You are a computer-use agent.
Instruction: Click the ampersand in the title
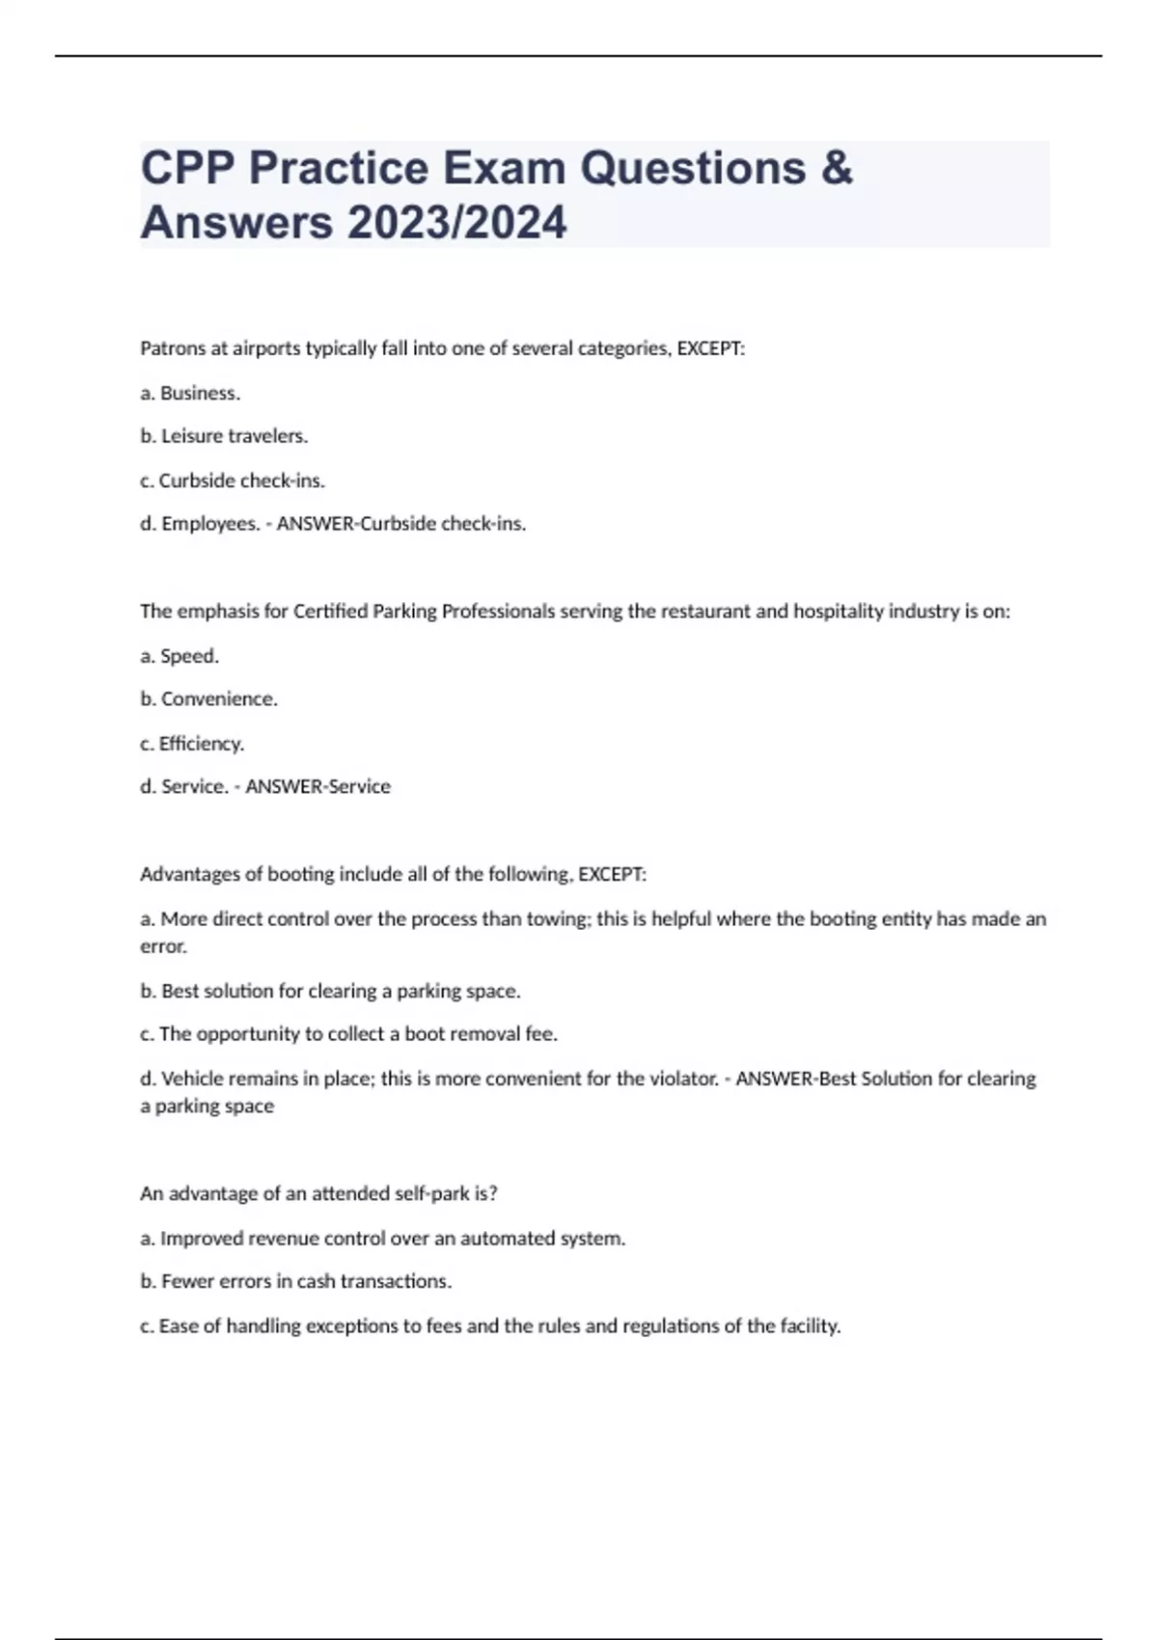pyautogui.click(x=837, y=168)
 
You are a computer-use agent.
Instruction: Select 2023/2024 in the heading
pyautogui.click(x=456, y=223)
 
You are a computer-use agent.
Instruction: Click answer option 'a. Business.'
pyautogui.click(x=190, y=393)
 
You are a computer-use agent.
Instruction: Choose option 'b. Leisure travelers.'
pyautogui.click(x=224, y=436)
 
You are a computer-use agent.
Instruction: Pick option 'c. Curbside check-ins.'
pyautogui.click(x=232, y=480)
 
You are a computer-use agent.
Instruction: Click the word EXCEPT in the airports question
pyautogui.click(x=709, y=348)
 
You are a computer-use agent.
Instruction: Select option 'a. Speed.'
pyautogui.click(x=179, y=656)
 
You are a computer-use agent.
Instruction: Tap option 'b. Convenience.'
pyautogui.click(x=208, y=699)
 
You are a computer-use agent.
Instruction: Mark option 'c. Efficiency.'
pyautogui.click(x=192, y=744)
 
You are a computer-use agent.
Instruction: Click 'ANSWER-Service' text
pyautogui.click(x=317, y=787)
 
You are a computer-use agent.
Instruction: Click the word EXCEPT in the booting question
pyautogui.click(x=611, y=875)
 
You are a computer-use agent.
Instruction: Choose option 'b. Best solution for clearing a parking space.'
pyautogui.click(x=330, y=991)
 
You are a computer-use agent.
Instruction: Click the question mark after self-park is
pyautogui.click(x=493, y=1193)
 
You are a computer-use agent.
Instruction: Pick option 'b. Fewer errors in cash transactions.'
pyautogui.click(x=295, y=1282)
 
